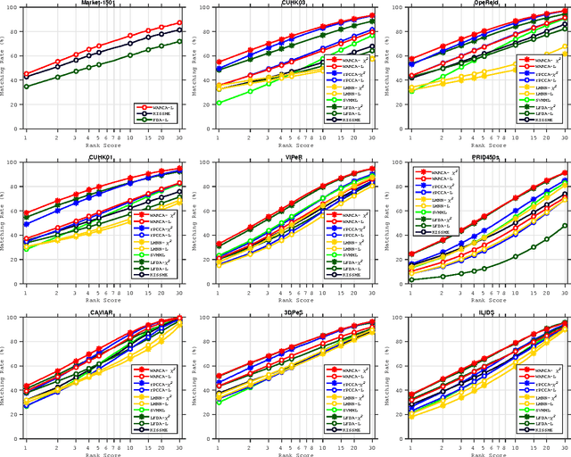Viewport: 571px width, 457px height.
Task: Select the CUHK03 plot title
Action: (293, 4)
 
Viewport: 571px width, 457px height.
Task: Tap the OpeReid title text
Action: (485, 4)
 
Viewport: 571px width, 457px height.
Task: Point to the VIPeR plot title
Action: (293, 158)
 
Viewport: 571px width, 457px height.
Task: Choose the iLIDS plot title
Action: (485, 313)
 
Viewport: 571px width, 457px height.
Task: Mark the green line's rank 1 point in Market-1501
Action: (26, 87)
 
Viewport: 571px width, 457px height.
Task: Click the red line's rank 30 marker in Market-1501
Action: (179, 23)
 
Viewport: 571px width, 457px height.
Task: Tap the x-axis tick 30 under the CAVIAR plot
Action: (179, 447)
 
